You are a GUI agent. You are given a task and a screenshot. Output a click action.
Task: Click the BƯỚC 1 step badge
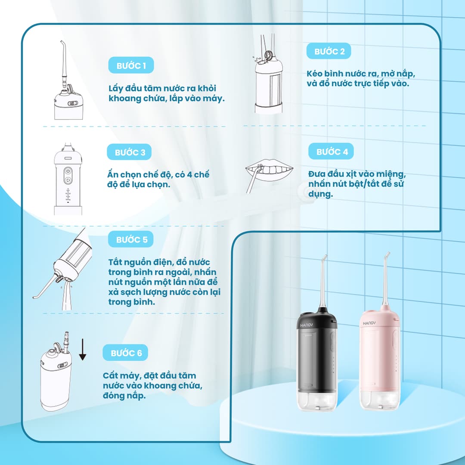[131, 66]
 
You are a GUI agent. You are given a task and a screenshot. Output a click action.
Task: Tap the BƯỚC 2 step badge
[329, 51]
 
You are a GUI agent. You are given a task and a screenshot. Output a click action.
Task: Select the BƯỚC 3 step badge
[130, 152]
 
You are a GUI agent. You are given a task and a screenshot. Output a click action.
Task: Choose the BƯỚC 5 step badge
[132, 239]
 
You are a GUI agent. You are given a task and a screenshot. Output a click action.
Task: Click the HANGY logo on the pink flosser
[369, 322]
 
